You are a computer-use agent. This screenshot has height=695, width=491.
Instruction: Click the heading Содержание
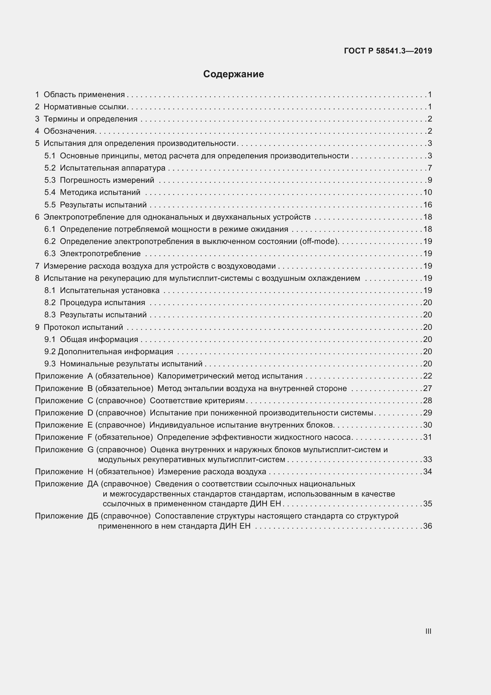pos(233,74)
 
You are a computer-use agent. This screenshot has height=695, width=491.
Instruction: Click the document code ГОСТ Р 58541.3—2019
pos(388,51)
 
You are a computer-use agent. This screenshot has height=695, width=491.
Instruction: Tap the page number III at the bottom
pos(428,631)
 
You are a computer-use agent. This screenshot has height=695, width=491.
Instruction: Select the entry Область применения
pos(84,95)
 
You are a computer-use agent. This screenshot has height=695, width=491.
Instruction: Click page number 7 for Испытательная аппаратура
pos(430,168)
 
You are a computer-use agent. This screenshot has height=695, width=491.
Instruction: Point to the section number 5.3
pos(50,180)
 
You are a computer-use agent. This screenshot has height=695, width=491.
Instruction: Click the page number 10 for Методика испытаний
pos(427,193)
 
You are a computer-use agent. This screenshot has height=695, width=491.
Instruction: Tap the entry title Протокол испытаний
pos(83,327)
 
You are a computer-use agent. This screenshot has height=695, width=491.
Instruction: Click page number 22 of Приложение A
pos(427,376)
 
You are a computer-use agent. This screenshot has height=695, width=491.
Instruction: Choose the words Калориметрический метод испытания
pos(230,376)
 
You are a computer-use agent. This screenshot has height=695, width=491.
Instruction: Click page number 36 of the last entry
pos(427,526)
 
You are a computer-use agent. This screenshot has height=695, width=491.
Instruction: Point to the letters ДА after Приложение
pos(93,484)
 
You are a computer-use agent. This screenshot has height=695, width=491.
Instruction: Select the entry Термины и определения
pos(91,119)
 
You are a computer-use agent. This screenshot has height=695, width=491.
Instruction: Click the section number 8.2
pos(50,303)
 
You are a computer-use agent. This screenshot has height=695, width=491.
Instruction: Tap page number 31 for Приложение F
pos(427,437)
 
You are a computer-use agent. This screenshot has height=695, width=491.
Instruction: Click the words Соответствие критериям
pos(197,401)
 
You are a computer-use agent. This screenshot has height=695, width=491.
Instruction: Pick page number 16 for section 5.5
pos(427,205)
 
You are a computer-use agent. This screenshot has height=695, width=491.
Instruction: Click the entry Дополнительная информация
pos(115,352)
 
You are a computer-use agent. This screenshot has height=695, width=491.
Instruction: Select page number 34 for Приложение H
pos(427,472)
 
